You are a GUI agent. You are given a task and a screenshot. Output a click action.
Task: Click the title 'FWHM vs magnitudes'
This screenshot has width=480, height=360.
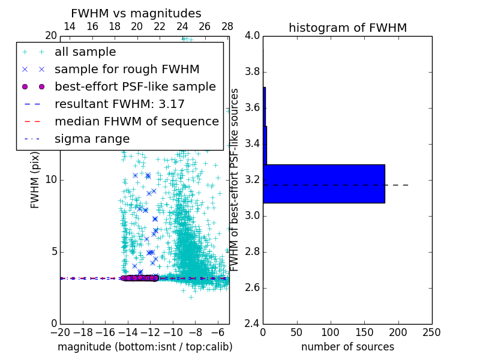click(136, 14)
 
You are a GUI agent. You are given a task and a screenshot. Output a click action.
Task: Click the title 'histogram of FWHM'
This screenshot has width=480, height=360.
click(347, 28)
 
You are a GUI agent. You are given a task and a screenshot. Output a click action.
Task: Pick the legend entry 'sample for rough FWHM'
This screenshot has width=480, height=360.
click(127, 70)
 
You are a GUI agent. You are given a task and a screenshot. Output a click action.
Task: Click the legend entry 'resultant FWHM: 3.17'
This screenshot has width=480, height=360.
click(119, 104)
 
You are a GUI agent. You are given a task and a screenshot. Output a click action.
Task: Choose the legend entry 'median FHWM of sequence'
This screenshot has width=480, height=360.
click(136, 122)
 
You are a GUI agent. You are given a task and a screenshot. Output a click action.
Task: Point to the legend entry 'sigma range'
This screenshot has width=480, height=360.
click(92, 139)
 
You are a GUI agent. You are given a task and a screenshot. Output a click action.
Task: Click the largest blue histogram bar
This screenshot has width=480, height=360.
click(324, 184)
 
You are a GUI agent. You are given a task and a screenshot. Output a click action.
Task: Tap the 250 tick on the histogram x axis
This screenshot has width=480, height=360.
click(431, 332)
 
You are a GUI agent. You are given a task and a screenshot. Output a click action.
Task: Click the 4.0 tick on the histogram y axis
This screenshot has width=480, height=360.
click(253, 35)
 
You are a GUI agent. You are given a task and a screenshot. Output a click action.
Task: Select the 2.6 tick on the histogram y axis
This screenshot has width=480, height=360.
click(253, 287)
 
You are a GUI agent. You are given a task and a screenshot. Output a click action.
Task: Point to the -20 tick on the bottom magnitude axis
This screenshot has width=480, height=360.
click(60, 332)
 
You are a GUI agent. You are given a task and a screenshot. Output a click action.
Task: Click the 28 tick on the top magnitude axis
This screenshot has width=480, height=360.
click(227, 26)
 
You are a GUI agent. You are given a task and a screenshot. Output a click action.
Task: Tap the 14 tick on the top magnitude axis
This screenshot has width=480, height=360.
click(70, 26)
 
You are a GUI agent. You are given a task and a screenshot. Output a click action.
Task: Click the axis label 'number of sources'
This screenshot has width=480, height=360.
click(347, 347)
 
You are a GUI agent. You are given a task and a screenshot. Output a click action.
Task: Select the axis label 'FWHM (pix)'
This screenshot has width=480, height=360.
click(35, 179)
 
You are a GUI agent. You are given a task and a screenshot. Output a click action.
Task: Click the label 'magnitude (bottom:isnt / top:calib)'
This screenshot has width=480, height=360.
click(145, 347)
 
